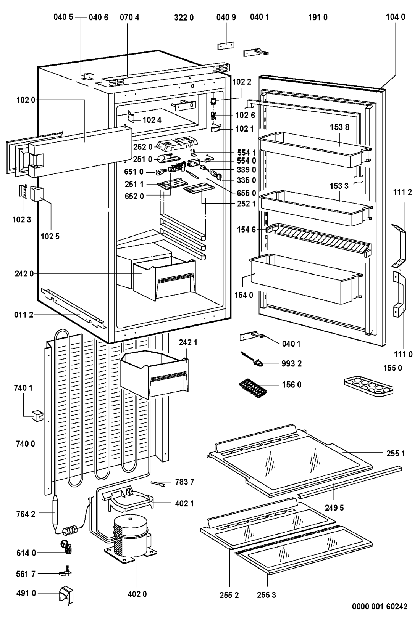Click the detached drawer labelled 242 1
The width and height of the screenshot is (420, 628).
pos(155,374)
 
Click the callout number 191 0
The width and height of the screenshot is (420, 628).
pos(318,17)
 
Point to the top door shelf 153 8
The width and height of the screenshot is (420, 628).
pos(313,149)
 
